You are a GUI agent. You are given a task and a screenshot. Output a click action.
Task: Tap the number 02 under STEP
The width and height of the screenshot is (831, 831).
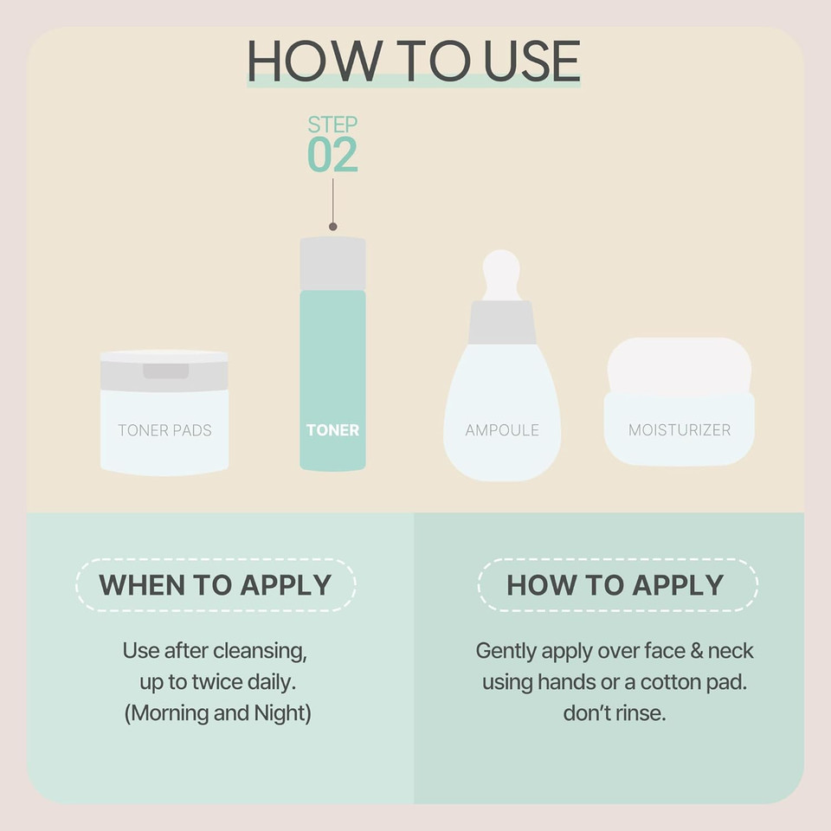332,155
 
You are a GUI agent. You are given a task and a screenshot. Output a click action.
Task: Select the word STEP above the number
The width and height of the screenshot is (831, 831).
332,125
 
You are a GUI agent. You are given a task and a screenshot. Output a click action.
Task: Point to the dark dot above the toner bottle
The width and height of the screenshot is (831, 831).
332,226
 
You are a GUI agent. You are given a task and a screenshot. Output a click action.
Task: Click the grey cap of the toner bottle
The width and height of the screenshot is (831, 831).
332,263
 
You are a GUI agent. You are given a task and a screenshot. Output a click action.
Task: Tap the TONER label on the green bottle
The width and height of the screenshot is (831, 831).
332,429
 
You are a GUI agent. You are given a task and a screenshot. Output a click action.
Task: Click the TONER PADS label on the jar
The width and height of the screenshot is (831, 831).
164,429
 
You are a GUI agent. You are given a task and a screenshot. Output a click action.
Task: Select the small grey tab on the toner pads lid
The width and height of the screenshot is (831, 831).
165,370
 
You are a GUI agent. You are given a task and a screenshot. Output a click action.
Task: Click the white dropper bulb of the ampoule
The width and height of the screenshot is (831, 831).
501,274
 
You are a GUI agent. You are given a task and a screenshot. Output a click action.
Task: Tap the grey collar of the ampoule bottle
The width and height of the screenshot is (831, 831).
501,322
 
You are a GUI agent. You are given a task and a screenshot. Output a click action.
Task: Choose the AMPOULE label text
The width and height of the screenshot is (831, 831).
502,429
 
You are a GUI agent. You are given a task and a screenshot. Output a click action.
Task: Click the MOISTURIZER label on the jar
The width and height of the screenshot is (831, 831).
680,429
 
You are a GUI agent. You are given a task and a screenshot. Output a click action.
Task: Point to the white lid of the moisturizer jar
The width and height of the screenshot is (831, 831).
680,364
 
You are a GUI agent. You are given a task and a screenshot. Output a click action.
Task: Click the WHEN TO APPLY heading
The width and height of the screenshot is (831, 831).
216,584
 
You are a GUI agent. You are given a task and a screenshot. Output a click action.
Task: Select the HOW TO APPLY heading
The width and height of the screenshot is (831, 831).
615,584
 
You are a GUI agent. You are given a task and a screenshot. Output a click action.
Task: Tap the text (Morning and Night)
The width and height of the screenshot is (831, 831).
215,713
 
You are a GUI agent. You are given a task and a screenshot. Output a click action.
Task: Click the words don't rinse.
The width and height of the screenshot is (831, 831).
614,713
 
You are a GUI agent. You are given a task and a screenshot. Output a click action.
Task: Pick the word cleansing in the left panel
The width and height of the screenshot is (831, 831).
264,650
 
